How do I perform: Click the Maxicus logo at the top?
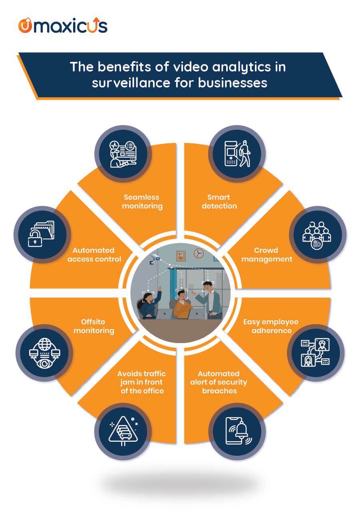pos(63,25)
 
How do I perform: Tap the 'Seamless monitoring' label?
pos(142,201)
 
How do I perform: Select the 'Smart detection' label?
pos(219,201)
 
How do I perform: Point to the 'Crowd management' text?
pos(267,254)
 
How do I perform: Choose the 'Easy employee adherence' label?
pos(271,326)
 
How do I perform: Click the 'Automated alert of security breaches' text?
pos(219,382)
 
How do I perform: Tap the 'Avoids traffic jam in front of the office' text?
pos(142,382)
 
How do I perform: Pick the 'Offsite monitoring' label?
pos(93,326)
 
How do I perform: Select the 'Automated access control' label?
pos(94,254)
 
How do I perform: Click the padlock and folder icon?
pos(41,234)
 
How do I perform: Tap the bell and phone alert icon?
pos(238,431)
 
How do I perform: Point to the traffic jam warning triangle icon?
pos(123,431)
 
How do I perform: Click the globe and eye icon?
pos(44,353)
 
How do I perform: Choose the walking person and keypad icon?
pos(237,153)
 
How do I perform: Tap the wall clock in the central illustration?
pos(199,253)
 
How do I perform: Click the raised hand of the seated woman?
pos(159,288)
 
